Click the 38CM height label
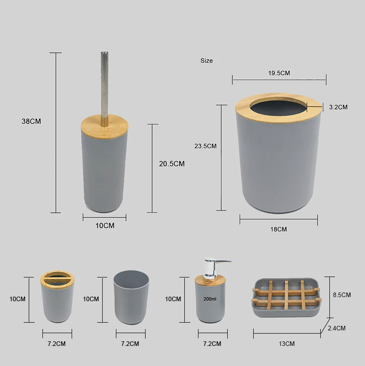(x=31, y=121)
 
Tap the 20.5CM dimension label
(x=172, y=164)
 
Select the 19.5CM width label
(x=279, y=73)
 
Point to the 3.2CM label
(x=338, y=107)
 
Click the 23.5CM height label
(x=205, y=146)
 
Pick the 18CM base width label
(x=279, y=229)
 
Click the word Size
(x=207, y=61)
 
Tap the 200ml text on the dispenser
(x=210, y=299)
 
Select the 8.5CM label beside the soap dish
(x=342, y=295)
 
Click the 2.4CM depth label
(x=337, y=328)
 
